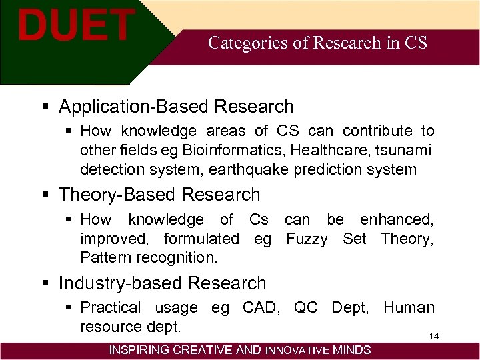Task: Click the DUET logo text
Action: [x=75, y=25]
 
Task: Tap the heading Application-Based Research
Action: [x=176, y=107]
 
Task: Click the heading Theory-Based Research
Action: [x=159, y=195]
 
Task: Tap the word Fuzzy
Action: [x=307, y=239]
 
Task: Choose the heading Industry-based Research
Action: [x=162, y=283]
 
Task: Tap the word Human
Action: [x=409, y=308]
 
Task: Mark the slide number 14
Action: [x=433, y=336]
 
